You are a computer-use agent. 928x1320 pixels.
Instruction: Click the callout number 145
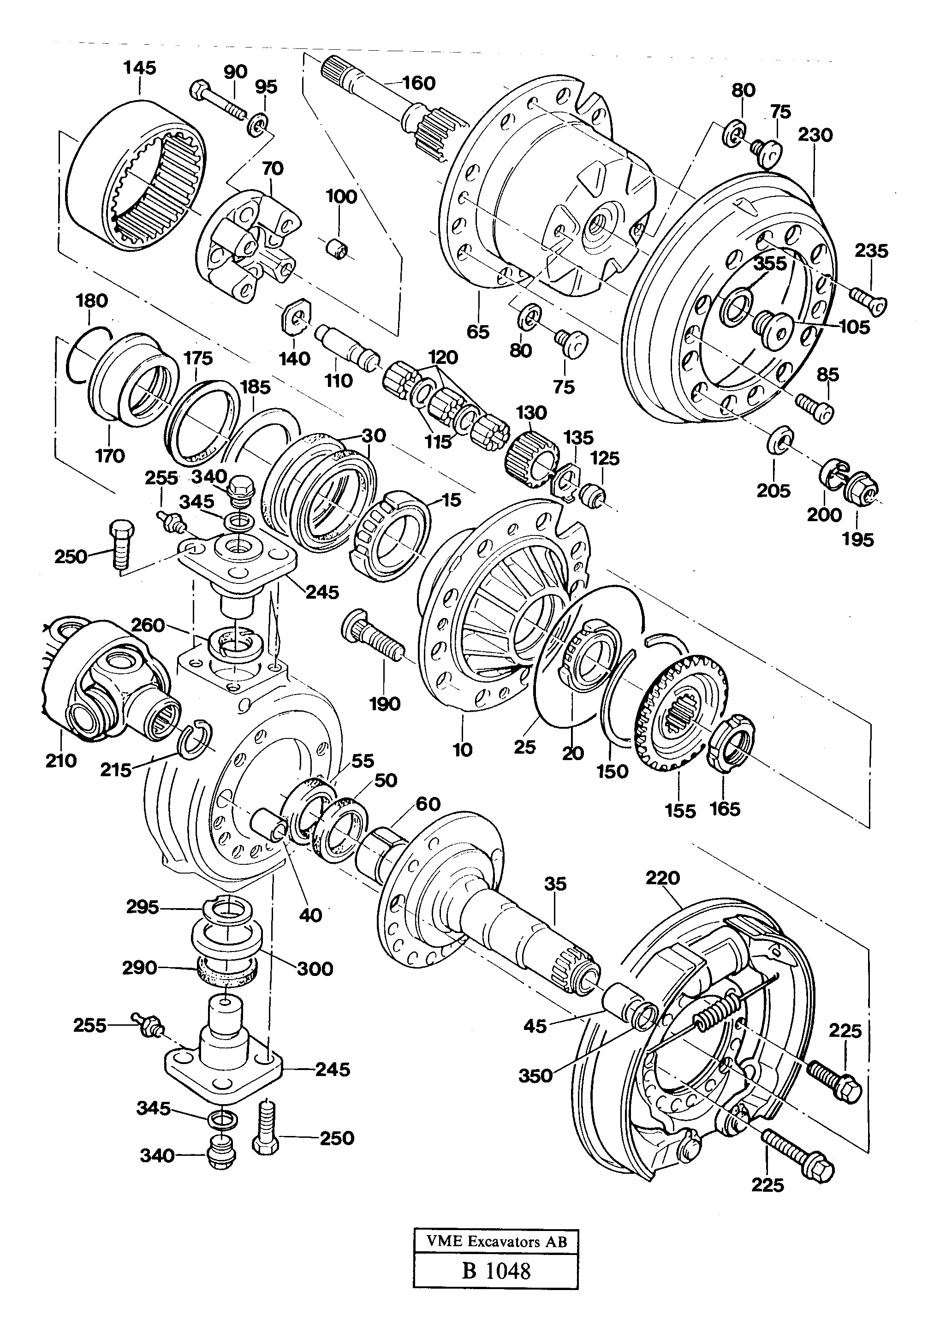[x=140, y=68]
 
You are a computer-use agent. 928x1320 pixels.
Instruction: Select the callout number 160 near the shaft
[x=419, y=83]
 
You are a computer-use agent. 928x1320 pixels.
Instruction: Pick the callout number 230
[x=815, y=135]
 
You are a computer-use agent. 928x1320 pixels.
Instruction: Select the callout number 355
[x=770, y=264]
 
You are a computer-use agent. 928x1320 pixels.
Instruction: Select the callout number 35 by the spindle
[x=555, y=884]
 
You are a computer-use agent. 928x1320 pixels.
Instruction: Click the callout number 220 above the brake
[x=662, y=878]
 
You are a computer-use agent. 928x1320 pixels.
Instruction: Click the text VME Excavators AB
[x=496, y=1241]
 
